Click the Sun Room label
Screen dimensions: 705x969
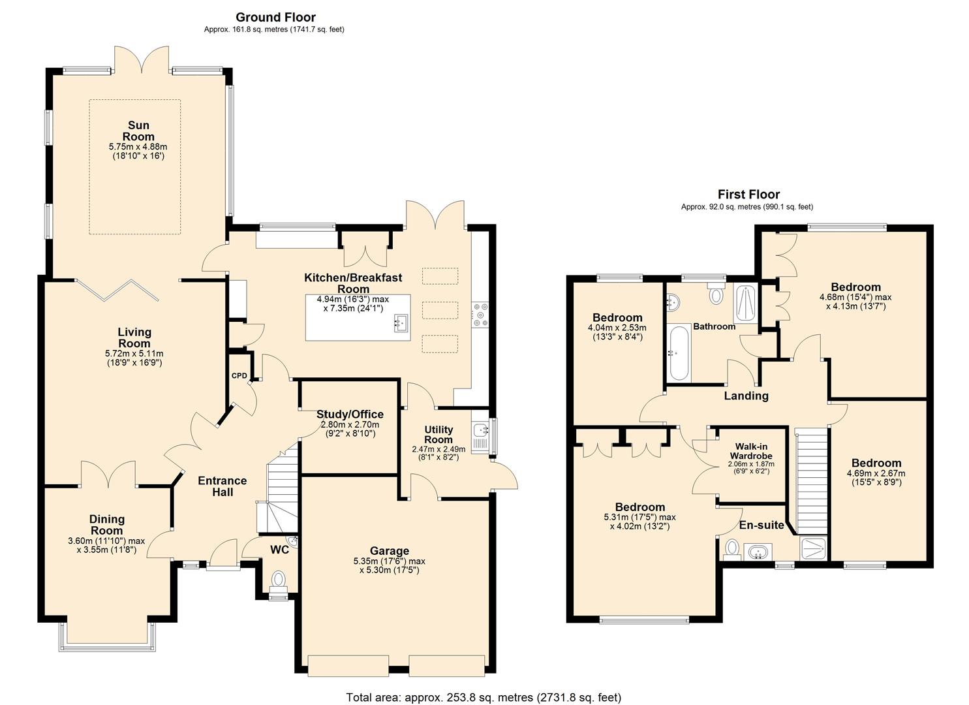(138, 131)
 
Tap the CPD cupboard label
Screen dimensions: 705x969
(239, 375)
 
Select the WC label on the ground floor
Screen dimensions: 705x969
(280, 550)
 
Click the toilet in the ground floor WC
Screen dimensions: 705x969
(279, 579)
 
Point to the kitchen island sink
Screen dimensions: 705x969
(400, 322)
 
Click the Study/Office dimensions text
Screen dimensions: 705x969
(350, 429)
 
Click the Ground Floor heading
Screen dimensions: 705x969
(275, 18)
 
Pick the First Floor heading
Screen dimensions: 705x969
(748, 194)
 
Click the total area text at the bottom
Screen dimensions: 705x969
(484, 697)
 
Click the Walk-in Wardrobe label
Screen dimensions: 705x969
(751, 451)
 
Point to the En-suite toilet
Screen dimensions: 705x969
(731, 549)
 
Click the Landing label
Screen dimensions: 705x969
(746, 396)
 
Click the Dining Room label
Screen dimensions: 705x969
(107, 525)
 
